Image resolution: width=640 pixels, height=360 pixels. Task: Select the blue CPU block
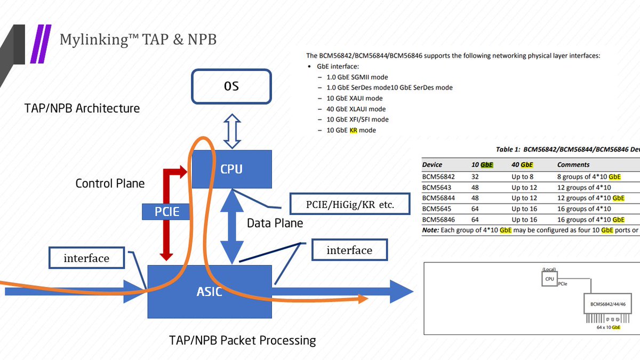[x=231, y=169]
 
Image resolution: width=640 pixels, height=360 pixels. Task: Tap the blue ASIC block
[x=210, y=292]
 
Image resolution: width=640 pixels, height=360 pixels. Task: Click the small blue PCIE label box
[x=167, y=212]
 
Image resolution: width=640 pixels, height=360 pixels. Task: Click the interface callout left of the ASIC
[x=86, y=258]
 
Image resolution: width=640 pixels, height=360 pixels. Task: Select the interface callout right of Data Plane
[x=349, y=250]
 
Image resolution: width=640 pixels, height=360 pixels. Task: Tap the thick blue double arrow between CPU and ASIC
[x=232, y=227]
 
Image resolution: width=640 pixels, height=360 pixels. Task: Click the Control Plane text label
[x=110, y=183]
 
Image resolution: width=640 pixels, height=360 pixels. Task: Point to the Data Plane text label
[x=275, y=223]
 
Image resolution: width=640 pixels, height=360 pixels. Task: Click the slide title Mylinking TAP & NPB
[x=138, y=39]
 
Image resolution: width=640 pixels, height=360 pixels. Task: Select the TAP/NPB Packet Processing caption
[x=242, y=340]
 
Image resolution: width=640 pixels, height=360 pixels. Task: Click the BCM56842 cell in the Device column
[x=440, y=177]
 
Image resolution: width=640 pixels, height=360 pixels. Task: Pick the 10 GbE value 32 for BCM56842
[x=475, y=177]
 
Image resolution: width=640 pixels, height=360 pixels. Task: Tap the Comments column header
[x=573, y=165]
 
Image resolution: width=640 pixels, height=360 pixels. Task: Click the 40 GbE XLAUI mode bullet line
[x=356, y=109]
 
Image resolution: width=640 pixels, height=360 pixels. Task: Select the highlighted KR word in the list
[x=353, y=130]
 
